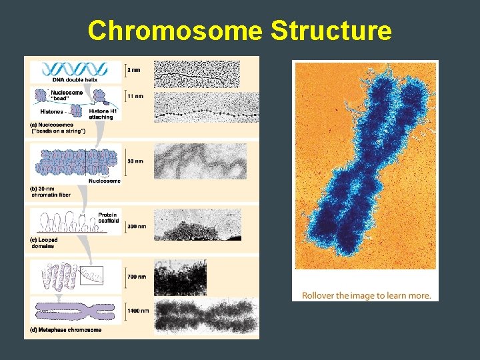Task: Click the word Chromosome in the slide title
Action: pyautogui.click(x=171, y=31)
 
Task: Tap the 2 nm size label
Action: pyautogui.click(x=135, y=68)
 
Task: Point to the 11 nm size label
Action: pyautogui.click(x=135, y=96)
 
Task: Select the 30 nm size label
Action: pyautogui.click(x=135, y=161)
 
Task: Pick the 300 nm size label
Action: pyautogui.click(x=137, y=226)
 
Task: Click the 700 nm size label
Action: pyautogui.click(x=137, y=277)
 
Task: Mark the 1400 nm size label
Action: pyautogui.click(x=139, y=310)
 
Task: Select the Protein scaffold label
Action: pyautogui.click(x=107, y=219)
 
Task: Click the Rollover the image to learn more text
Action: pyautogui.click(x=366, y=295)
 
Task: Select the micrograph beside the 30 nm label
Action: pyautogui.click(x=200, y=161)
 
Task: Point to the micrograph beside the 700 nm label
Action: pyautogui.click(x=181, y=277)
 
